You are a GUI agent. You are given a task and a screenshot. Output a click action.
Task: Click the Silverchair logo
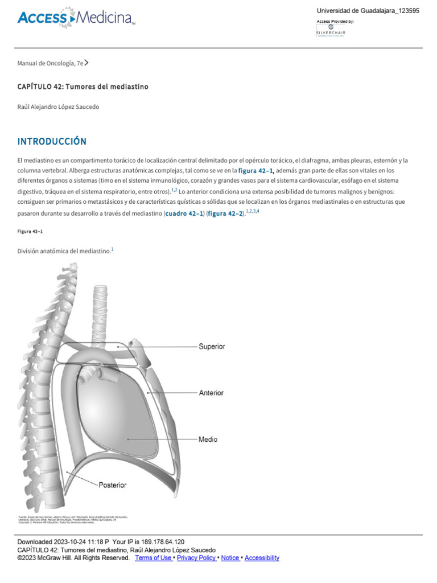[x=331, y=31]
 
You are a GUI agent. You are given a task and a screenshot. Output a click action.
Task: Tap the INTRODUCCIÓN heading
[x=52, y=141]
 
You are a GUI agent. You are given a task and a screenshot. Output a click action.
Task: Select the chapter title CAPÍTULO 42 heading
[x=83, y=87]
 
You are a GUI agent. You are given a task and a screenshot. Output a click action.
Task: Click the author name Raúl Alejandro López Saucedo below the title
[x=61, y=106]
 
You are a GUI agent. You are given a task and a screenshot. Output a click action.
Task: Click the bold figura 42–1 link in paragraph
[x=256, y=171]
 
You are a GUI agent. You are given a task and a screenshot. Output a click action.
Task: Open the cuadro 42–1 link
[x=184, y=214]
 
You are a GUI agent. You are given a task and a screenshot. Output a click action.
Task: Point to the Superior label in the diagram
[x=212, y=346]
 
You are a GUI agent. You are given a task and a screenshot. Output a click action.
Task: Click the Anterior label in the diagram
[x=211, y=393]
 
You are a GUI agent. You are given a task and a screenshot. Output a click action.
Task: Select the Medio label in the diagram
[x=208, y=440]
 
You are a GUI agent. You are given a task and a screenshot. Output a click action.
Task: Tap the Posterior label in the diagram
[x=113, y=485]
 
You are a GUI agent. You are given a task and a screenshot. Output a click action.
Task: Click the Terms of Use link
[x=154, y=558]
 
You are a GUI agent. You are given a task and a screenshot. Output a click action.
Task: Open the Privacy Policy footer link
[x=197, y=558]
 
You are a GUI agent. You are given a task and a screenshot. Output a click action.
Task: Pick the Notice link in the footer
[x=230, y=558]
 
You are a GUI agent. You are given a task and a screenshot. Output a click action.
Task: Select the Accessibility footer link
[x=262, y=558]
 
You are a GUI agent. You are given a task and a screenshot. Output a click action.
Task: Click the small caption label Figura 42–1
[x=30, y=231]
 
